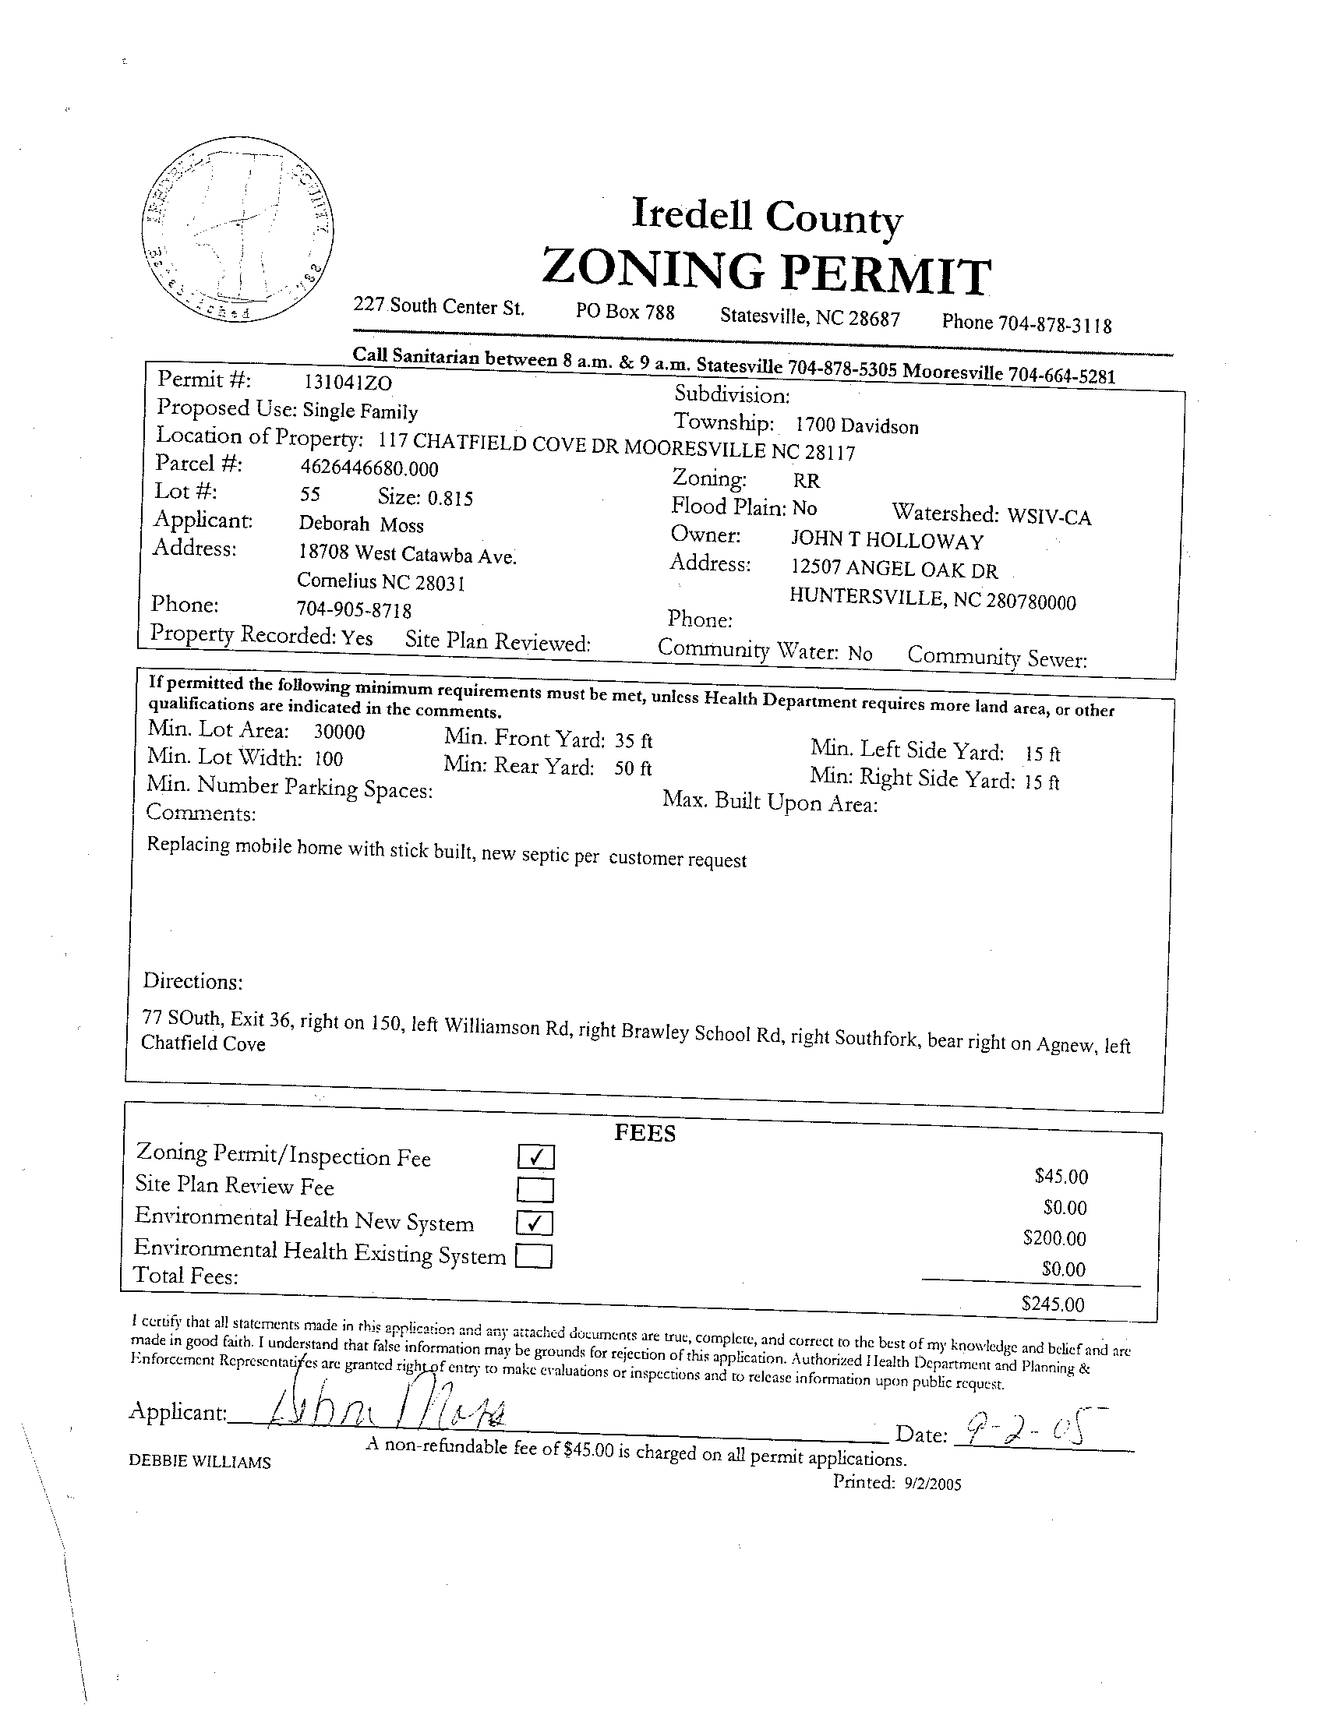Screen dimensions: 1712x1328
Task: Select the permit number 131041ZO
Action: [x=348, y=383]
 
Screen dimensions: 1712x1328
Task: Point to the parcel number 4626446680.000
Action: [x=369, y=469]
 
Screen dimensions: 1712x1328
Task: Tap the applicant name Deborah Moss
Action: [x=361, y=524]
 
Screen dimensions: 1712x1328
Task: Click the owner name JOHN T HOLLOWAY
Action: [x=887, y=541]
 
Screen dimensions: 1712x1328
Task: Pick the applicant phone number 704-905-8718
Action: [x=354, y=609]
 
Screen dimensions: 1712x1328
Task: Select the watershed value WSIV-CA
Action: [x=1049, y=517]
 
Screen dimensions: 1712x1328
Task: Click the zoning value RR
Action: [x=806, y=481]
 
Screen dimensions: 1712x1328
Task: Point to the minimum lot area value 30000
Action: [x=340, y=732]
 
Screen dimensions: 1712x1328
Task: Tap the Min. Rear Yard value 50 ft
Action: [x=633, y=768]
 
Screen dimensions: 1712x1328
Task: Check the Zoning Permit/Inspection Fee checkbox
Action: [x=536, y=1157]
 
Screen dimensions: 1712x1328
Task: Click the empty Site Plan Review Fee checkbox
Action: [x=535, y=1190]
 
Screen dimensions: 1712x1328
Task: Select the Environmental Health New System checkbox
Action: [x=535, y=1223]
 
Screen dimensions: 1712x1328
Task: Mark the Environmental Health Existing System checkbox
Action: [x=535, y=1257]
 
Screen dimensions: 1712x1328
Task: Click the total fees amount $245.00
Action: [x=1053, y=1304]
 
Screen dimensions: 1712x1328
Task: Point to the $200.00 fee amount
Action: [x=1054, y=1238]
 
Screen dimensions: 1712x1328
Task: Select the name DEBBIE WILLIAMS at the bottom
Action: [x=200, y=1462]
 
